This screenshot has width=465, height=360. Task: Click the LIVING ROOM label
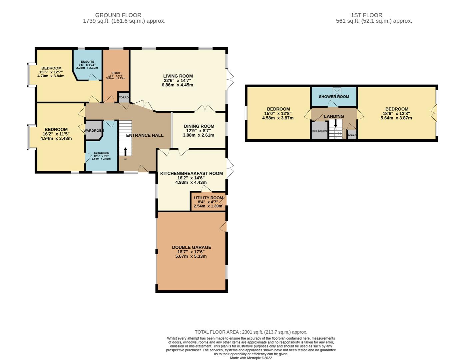click(x=178, y=76)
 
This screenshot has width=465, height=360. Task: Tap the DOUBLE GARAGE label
click(x=191, y=247)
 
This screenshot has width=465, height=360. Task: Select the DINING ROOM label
click(x=199, y=126)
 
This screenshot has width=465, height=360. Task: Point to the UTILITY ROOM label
click(x=209, y=198)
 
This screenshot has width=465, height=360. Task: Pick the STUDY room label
click(x=116, y=73)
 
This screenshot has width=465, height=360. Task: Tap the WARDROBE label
click(x=93, y=131)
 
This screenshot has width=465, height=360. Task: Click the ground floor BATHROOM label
click(x=101, y=153)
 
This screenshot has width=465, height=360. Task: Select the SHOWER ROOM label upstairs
click(x=334, y=97)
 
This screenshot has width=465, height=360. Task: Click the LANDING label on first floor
click(x=334, y=116)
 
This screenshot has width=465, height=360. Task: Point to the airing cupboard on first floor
click(x=319, y=131)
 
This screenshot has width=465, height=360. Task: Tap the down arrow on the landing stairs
click(x=335, y=123)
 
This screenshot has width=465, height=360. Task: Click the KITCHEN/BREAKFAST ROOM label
click(x=191, y=174)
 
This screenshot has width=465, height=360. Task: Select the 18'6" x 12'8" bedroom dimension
click(x=396, y=113)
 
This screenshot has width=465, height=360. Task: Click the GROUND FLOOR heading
click(x=118, y=15)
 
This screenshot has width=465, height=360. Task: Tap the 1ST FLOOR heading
click(x=366, y=15)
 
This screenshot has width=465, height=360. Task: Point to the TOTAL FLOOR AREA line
click(x=251, y=332)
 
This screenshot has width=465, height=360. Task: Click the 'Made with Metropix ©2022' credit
click(x=251, y=358)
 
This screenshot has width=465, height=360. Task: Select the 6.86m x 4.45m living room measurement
click(x=177, y=85)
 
